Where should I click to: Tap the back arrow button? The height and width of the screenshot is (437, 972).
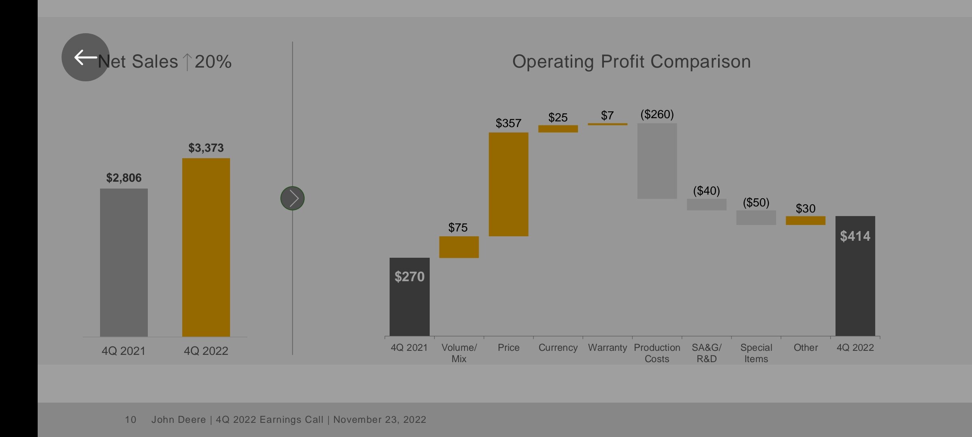click(x=85, y=57)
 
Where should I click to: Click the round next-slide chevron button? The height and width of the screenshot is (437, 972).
click(x=292, y=198)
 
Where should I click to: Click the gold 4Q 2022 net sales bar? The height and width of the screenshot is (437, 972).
click(x=206, y=247)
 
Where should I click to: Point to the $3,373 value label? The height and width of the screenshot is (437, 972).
click(x=206, y=148)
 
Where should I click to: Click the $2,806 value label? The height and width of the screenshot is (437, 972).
click(x=124, y=178)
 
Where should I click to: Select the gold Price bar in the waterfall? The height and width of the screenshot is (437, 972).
click(x=508, y=184)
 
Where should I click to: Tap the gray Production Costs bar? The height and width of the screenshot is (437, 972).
click(x=657, y=161)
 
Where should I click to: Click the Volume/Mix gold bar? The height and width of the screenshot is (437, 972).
click(x=459, y=247)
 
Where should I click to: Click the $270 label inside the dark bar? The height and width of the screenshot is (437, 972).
click(x=409, y=277)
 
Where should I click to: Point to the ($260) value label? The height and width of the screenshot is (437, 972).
click(x=657, y=114)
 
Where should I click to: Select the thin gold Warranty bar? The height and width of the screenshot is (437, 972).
click(x=607, y=124)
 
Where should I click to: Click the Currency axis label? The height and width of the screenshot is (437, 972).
click(x=558, y=348)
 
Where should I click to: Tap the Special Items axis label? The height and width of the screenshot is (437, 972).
click(x=756, y=353)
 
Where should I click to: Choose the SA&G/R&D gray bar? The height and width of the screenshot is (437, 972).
click(x=706, y=204)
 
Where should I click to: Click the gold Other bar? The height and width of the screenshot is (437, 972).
click(x=806, y=221)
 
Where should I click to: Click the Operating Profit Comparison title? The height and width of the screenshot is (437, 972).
click(x=631, y=62)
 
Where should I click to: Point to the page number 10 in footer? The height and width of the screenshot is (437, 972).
click(x=130, y=420)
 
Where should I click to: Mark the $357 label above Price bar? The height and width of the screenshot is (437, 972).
click(x=508, y=123)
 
